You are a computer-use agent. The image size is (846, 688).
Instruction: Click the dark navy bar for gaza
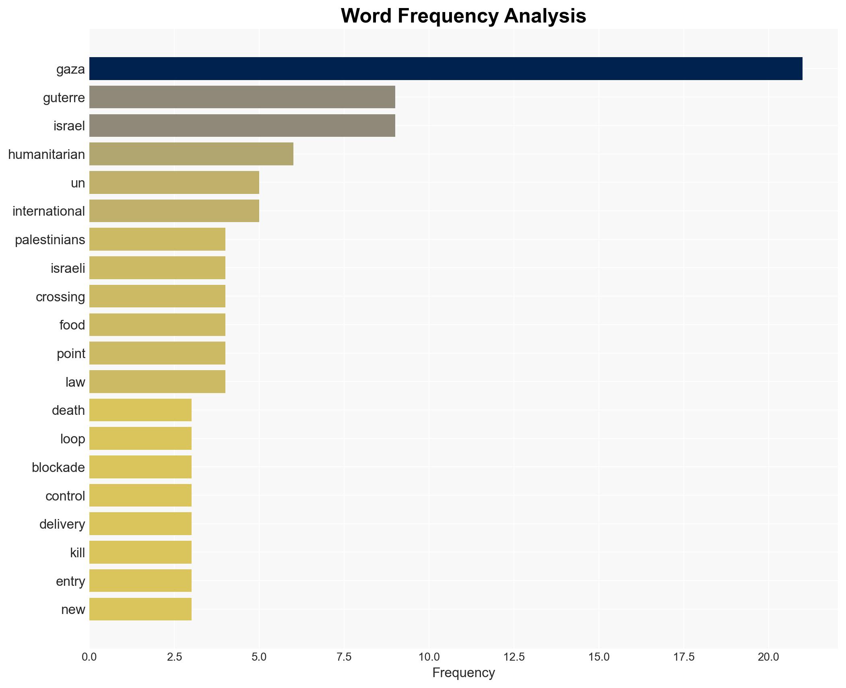pos(446,68)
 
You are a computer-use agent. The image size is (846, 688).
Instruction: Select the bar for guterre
pos(242,97)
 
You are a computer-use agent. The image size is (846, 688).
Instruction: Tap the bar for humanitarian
pos(191,154)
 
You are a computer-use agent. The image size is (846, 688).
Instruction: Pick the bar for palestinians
pos(157,239)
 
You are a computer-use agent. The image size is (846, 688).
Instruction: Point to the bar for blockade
pos(140,467)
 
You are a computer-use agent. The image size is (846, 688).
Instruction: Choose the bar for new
pos(140,609)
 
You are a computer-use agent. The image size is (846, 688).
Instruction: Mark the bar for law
pos(157,382)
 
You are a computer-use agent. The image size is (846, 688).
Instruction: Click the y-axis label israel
pos(69,126)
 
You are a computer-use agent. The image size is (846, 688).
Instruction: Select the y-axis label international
pos(49,211)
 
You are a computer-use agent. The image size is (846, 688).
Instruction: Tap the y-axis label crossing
pos(60,297)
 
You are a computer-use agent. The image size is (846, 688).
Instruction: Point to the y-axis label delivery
pos(62,524)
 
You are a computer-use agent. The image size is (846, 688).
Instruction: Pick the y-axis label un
pos(78,183)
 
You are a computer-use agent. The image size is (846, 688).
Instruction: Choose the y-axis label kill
pos(77,553)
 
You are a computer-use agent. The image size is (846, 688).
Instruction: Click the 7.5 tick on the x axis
pos(344,657)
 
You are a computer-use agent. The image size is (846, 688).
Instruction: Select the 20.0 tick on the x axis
pos(768,657)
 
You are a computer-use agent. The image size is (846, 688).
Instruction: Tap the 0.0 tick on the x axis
pos(89,657)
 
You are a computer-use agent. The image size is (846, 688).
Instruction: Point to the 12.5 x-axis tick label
pos(514,657)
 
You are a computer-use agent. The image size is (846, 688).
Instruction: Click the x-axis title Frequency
pos(463,673)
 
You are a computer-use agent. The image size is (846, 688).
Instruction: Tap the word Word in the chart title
pos(367,16)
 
